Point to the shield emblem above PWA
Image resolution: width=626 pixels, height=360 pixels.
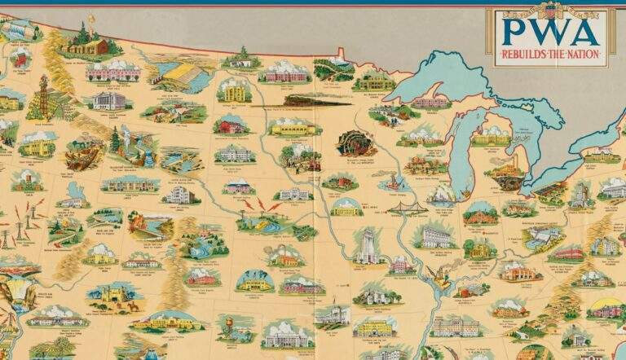[547, 11]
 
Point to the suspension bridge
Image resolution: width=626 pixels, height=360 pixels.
[408, 210]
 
